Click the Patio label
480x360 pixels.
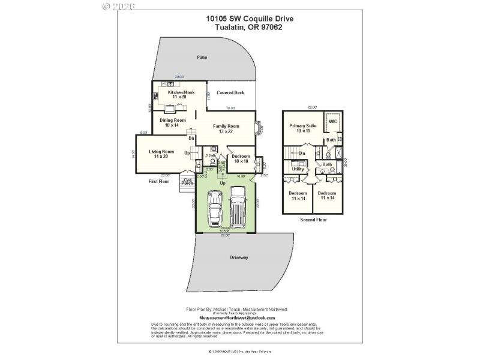click(202, 58)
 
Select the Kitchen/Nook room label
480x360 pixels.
click(176, 95)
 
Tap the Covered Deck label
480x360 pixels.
click(230, 92)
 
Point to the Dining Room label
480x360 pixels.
click(172, 122)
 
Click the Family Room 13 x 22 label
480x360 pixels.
click(226, 128)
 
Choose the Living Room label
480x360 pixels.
click(161, 154)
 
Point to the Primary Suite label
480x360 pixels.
click(302, 128)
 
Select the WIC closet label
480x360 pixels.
click(333, 121)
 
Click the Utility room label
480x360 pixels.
click(298, 169)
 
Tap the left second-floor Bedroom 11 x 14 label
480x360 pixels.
click(298, 196)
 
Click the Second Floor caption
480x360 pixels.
click(313, 220)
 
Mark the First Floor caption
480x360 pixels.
click(159, 181)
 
